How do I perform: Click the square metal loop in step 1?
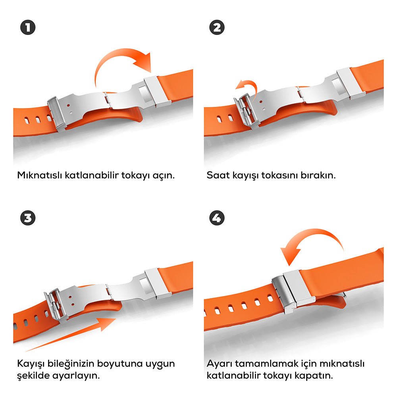157,91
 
